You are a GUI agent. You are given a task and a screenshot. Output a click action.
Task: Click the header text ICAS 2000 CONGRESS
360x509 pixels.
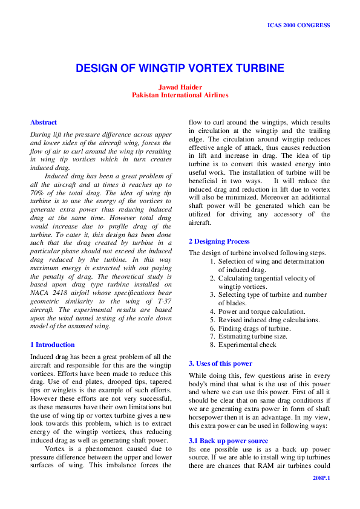point(298,25)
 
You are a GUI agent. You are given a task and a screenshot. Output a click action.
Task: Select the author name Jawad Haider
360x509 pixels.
point(180,87)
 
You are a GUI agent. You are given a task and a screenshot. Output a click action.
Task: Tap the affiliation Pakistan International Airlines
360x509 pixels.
point(180,95)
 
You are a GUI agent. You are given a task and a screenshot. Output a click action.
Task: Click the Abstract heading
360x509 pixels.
point(44,122)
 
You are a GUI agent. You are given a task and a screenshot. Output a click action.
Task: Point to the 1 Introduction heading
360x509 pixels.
point(53,345)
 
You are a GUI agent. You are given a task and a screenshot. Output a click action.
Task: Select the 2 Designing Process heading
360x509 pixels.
point(219,241)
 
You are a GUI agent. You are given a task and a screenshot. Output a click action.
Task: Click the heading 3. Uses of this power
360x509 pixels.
point(220,363)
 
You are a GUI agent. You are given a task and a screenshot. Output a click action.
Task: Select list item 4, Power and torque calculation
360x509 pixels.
point(258,311)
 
